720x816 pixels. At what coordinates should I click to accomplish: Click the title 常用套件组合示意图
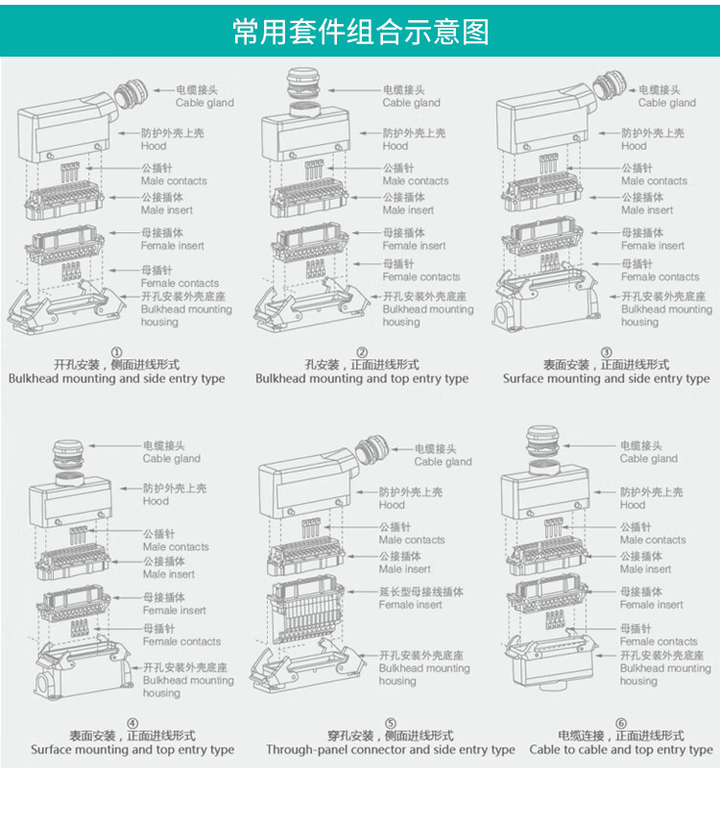[360, 32]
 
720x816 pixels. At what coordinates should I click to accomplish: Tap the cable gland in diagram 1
[131, 95]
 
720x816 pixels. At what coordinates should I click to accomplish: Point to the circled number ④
[132, 724]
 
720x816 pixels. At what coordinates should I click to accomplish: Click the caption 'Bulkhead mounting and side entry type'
[117, 378]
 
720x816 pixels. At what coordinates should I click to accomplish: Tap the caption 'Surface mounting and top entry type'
[132, 750]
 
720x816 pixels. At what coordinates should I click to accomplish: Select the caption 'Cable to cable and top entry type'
[621, 750]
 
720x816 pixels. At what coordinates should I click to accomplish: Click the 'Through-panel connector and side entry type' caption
[390, 750]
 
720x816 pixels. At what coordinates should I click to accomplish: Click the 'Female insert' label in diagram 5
[410, 605]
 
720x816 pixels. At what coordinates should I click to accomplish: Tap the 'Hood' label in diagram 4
[156, 500]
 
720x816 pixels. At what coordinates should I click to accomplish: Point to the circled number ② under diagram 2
[362, 352]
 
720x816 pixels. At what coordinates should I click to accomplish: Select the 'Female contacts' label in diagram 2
[420, 276]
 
